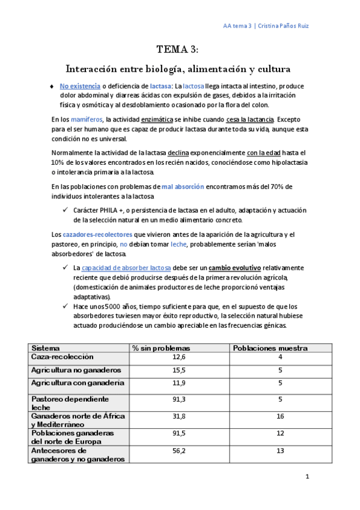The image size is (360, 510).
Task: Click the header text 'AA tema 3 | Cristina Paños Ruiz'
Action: [266, 26]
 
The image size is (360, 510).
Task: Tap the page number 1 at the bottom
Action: [307, 477]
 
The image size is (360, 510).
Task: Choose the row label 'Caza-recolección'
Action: [63, 357]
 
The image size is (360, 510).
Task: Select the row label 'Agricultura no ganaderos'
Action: [76, 370]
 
